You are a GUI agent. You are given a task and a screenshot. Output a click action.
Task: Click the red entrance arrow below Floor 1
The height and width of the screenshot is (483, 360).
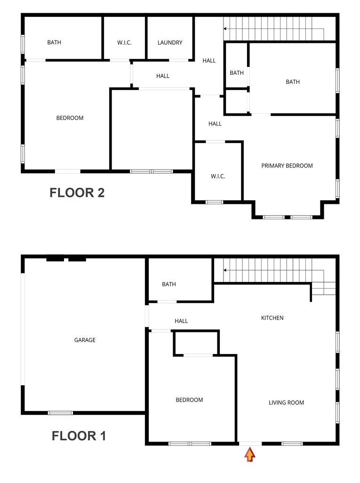(250, 454)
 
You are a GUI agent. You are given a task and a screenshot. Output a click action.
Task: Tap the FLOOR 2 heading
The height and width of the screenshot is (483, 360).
(77, 193)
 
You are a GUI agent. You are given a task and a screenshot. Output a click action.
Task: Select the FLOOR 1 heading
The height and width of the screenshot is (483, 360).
(79, 436)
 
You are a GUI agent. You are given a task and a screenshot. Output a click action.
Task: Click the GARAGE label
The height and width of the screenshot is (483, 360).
(85, 340)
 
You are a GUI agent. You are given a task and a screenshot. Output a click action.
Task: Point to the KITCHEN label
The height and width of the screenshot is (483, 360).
(272, 318)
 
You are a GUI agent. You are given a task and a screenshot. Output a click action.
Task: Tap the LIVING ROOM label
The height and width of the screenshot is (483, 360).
(286, 402)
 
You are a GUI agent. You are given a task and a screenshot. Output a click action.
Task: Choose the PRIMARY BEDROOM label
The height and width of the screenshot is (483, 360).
(287, 166)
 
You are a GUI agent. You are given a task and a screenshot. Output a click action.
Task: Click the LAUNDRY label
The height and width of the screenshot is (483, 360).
(170, 43)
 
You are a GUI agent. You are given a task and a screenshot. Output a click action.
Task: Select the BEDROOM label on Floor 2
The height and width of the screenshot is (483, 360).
(70, 118)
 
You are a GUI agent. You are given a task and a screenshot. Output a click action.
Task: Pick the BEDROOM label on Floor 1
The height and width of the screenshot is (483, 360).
(189, 400)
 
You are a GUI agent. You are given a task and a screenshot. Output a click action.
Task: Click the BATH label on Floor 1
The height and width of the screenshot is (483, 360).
(169, 284)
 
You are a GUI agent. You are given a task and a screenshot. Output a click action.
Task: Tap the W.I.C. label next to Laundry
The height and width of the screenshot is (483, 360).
(124, 43)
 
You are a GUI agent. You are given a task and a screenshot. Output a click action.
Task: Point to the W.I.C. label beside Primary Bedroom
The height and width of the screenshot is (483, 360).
(218, 177)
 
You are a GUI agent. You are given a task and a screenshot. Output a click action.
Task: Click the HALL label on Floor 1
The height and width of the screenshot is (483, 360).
(181, 321)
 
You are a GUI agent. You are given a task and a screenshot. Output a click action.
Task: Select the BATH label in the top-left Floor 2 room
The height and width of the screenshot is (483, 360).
(54, 43)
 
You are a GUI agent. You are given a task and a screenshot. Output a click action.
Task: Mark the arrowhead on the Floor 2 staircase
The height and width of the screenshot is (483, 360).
(225, 29)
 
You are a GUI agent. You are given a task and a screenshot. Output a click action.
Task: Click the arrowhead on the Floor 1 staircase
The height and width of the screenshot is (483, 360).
(225, 270)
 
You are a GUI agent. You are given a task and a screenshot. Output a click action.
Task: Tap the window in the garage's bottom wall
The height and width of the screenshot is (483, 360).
(61, 413)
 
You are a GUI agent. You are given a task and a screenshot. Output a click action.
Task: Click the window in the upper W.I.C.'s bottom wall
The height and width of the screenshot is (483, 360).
(120, 60)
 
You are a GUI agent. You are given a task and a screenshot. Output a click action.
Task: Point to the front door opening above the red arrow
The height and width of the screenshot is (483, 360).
(250, 443)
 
